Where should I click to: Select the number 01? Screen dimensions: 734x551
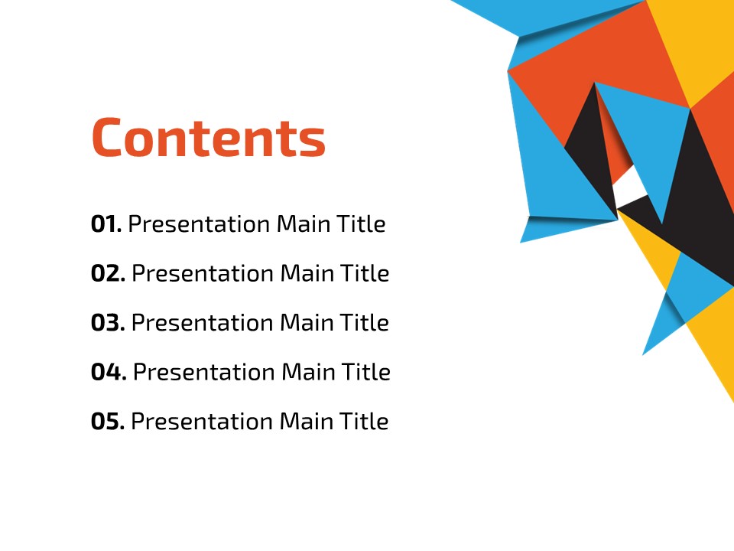pos(106,224)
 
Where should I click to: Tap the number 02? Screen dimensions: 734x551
pos(108,273)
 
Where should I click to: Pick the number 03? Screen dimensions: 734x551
pos(108,323)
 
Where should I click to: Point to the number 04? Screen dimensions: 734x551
pos(109,372)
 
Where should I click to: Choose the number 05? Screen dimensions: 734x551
pos(108,421)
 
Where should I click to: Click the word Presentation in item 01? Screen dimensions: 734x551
pos(199,224)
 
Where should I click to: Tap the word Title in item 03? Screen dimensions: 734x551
pos(364,322)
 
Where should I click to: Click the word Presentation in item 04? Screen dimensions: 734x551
pos(203,373)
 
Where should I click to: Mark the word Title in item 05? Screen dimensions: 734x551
pos(364,421)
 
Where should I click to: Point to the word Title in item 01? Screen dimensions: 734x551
pos(361,223)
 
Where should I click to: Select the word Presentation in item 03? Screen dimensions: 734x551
pos(202,323)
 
